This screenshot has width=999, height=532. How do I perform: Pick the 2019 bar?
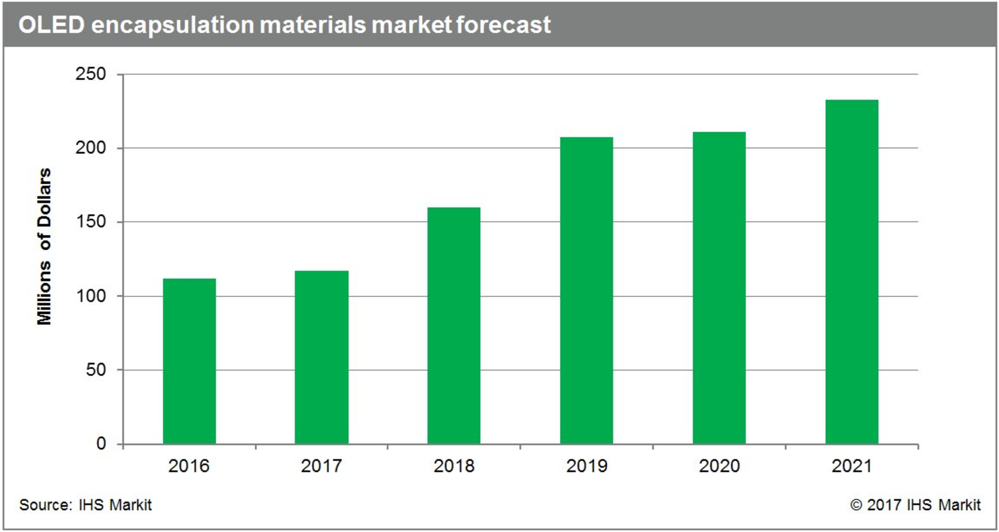pos(586,290)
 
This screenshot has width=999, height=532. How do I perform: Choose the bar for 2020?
pos(719,288)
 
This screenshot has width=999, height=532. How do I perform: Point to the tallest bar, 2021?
pos(852,272)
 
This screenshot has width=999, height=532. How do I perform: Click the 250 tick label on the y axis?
pos(91,74)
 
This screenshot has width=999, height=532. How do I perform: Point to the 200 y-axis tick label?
pos(91,148)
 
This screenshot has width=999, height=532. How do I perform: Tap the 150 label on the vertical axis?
pos(91,222)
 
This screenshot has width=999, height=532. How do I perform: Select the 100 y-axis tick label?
pos(91,296)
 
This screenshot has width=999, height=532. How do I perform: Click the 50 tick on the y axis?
pos(96,370)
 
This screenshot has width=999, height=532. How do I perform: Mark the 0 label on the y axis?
pos(101,444)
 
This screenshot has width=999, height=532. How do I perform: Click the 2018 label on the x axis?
pos(454,465)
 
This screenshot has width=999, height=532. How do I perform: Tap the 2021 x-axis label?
pos(852,465)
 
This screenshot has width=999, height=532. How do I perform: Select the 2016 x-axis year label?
pos(188,465)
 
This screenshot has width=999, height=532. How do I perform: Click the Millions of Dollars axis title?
pos(44,246)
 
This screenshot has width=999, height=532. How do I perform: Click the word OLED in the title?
pos(51,24)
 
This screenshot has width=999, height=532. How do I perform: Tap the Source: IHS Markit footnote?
pos(85,504)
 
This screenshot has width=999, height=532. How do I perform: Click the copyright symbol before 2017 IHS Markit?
pos(856,504)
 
